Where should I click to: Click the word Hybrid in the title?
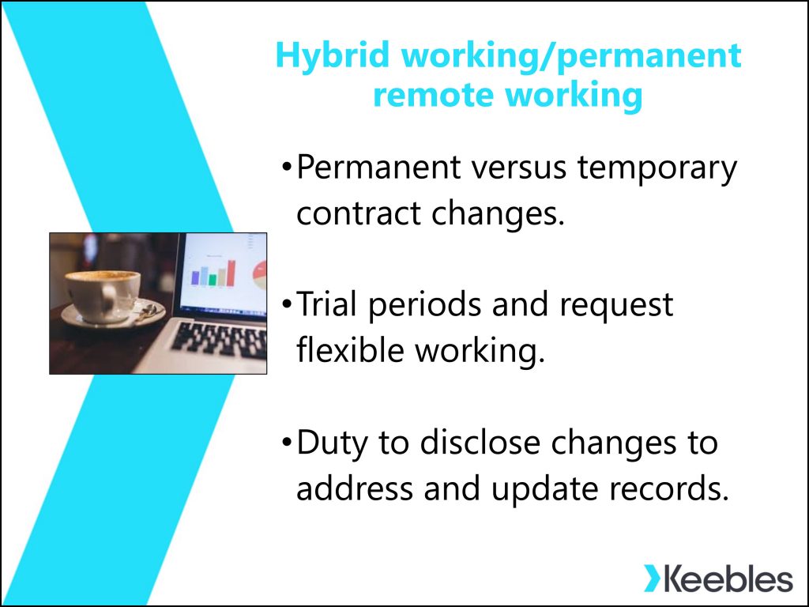[333, 56]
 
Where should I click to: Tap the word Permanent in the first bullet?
[378, 167]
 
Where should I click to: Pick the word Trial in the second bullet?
[326, 303]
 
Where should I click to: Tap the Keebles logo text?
[728, 579]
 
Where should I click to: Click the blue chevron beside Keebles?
[651, 579]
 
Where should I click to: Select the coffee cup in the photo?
[103, 296]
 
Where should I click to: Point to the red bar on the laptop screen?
[231, 273]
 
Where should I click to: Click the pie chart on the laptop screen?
[260, 275]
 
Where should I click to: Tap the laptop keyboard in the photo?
[220, 341]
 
